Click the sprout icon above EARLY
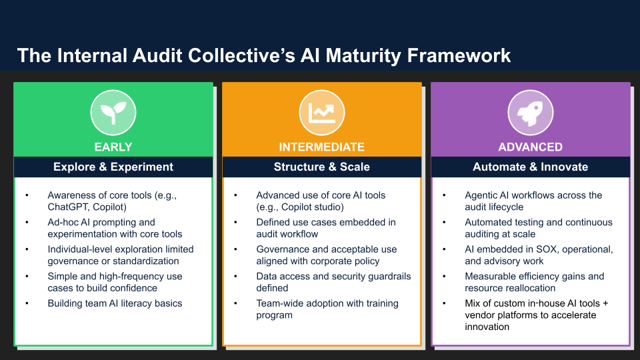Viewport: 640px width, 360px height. tap(113, 112)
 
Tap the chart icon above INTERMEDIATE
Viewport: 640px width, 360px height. tap(322, 112)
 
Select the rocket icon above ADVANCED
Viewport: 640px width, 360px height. tap(531, 112)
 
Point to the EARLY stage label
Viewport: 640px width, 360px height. tap(113, 147)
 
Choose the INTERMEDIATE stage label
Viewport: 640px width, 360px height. tap(322, 147)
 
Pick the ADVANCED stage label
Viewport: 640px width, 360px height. tap(531, 147)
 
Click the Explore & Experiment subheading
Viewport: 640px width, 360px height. tap(113, 167)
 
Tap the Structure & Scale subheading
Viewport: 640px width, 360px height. tap(322, 167)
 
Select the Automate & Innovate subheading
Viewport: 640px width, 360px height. tap(531, 167)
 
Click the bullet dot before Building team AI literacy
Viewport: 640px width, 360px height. tap(27, 304)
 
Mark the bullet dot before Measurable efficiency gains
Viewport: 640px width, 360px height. tap(444, 277)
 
